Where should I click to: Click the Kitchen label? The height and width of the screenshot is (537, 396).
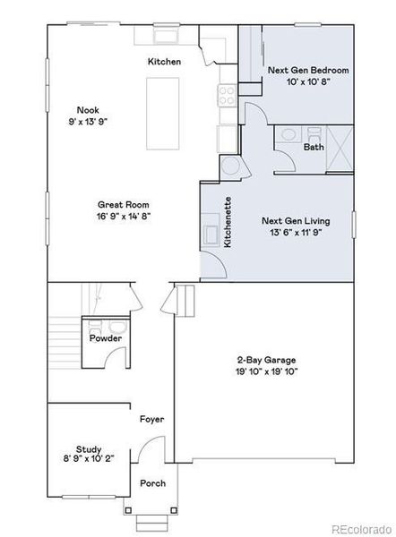click(164, 62)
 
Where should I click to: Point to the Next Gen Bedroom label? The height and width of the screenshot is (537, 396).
click(308, 69)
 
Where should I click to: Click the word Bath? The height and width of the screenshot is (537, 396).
click(314, 147)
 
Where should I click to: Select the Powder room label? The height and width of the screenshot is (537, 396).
click(105, 338)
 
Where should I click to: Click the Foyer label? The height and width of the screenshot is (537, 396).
click(151, 419)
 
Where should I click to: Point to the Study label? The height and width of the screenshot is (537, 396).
click(89, 449)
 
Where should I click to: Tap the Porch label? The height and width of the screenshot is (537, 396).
click(152, 483)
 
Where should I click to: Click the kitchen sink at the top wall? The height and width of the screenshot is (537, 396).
click(165, 36)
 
